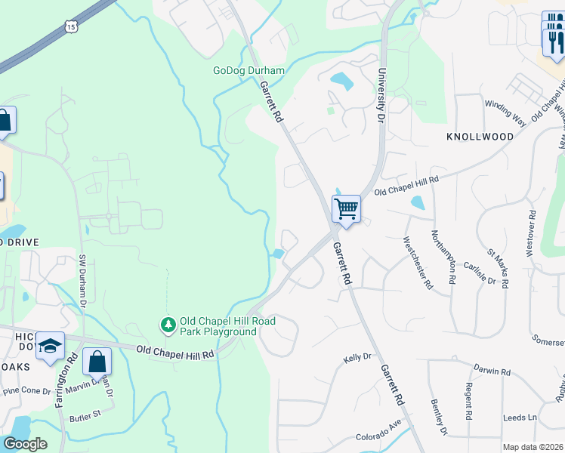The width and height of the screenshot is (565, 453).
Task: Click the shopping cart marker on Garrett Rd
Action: (x=346, y=208)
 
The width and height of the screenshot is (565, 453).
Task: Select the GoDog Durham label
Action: (x=249, y=71)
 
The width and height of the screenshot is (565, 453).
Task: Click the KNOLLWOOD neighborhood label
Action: (x=480, y=137)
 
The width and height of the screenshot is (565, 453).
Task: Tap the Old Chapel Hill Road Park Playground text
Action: (x=219, y=326)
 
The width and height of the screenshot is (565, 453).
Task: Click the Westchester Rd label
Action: (x=417, y=264)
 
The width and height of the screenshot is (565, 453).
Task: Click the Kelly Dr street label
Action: (x=358, y=357)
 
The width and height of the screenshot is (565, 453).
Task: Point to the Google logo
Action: (x=25, y=443)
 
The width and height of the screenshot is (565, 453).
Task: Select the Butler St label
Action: (x=85, y=414)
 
